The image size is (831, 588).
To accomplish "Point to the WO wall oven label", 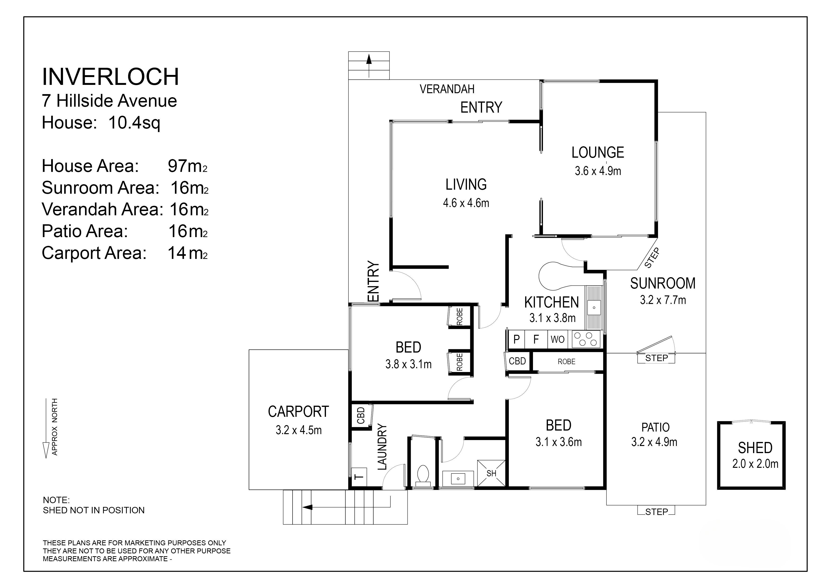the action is click(557, 340).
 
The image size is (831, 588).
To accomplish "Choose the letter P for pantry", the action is click(516, 340).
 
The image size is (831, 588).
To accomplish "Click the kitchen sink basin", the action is click(594, 308).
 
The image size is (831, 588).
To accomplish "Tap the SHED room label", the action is click(755, 448).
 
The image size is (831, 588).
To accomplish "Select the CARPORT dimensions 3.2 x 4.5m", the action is click(298, 430).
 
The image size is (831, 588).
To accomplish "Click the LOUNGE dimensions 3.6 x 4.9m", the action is click(598, 171).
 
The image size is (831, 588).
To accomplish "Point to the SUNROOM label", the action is click(663, 283).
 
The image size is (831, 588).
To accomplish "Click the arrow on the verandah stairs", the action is click(369, 66).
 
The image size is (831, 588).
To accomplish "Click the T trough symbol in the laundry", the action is click(359, 477).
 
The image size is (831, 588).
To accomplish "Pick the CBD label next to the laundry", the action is click(361, 416).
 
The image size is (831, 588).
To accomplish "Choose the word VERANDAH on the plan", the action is click(447, 89).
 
